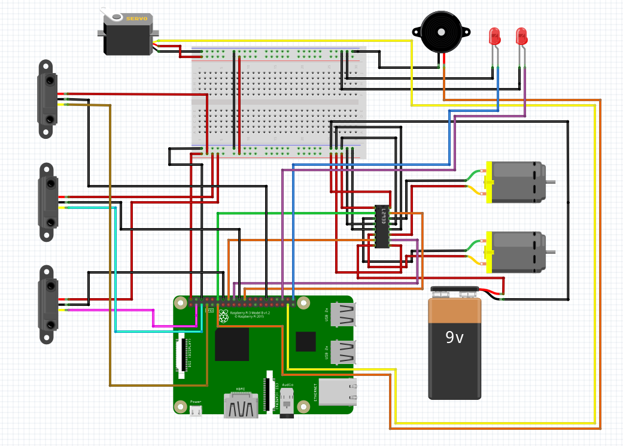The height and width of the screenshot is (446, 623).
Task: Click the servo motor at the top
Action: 127,35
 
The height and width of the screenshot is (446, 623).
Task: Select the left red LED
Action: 495,37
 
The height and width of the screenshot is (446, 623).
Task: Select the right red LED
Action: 522,37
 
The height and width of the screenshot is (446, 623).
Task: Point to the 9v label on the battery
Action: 455,338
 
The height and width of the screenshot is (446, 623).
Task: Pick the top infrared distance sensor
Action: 47,99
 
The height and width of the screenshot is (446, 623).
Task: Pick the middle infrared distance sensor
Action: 47,202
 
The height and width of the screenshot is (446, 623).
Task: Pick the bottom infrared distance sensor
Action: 47,304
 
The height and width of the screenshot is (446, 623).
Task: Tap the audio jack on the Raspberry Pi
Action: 288,401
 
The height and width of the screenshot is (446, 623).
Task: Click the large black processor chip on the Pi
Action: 232,344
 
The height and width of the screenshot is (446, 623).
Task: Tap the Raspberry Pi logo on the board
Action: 223,315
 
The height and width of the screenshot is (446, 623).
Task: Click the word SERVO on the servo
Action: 136,19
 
